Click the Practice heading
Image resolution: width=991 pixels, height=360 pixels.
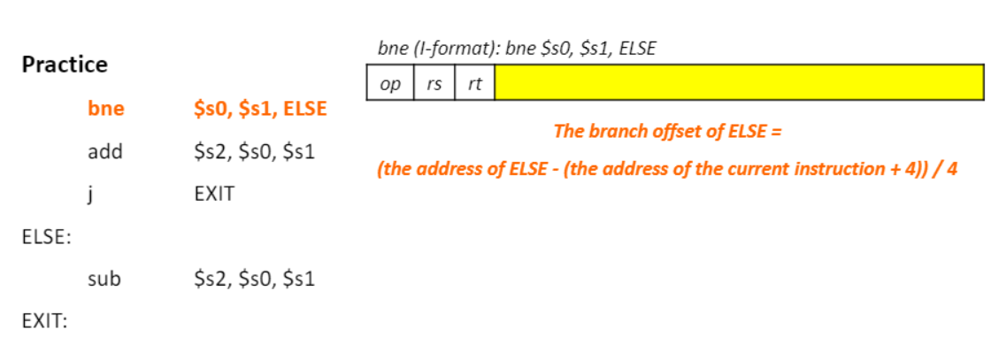click(65, 65)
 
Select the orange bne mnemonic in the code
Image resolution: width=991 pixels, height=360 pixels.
click(106, 110)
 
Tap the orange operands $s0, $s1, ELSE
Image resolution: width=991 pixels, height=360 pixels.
click(260, 110)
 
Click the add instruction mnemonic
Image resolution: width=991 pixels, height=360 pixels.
click(105, 151)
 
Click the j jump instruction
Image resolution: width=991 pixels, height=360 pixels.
click(91, 194)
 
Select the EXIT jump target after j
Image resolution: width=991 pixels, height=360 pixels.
click(214, 194)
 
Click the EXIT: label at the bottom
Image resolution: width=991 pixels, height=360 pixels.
click(44, 321)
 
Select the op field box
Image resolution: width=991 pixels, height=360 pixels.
click(390, 83)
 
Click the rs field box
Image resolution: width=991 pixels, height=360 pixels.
click(434, 83)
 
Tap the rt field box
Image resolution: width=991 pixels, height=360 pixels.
click(474, 83)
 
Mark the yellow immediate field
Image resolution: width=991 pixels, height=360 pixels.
click(739, 83)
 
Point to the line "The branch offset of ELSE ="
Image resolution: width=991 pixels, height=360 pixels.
click(668, 132)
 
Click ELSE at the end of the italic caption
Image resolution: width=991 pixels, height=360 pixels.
click(637, 50)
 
